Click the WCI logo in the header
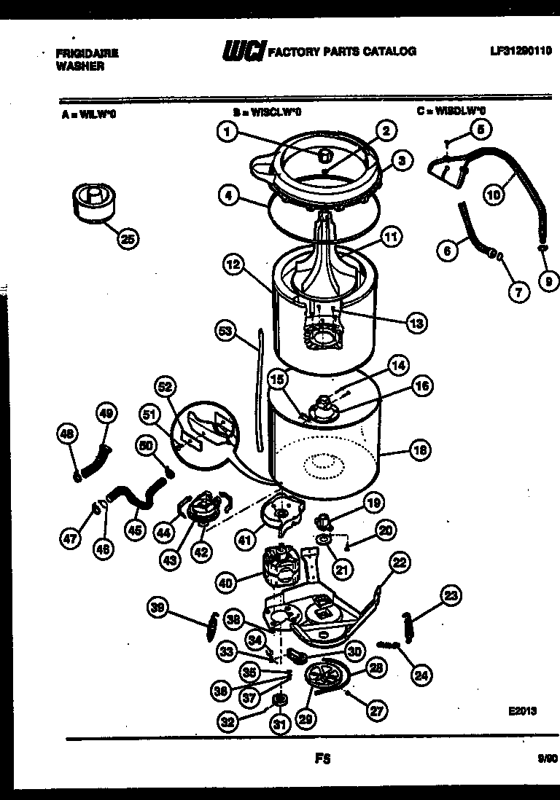pos(243,51)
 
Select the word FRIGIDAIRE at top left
pos(87,53)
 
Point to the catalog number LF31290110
pos(521,51)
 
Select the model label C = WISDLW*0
pos(451,111)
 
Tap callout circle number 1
pos(228,132)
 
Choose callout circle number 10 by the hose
pos(494,194)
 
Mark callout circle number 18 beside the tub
pos(419,450)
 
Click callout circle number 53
pos(227,331)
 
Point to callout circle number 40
pos(227,582)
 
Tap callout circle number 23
pos(451,595)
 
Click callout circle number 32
pos(227,722)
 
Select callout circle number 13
pos(416,323)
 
